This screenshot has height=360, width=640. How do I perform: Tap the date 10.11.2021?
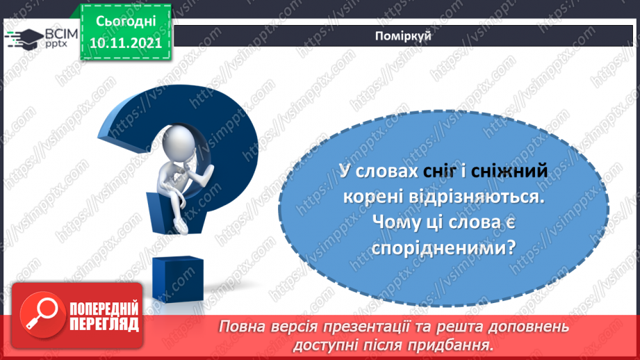pos(125,42)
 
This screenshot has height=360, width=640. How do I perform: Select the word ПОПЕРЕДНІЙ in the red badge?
pos(104,307)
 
